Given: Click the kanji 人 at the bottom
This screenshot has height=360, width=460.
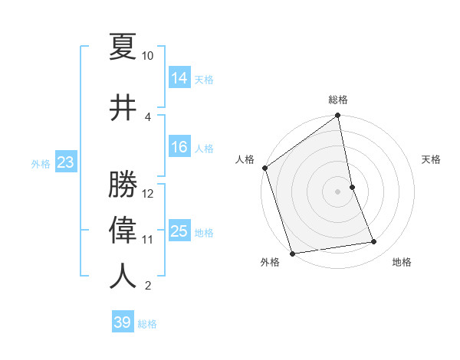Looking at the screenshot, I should (x=123, y=276).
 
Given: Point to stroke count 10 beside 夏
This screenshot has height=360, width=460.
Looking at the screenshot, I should (x=148, y=56).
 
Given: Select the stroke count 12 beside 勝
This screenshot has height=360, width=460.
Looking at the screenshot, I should (x=148, y=194).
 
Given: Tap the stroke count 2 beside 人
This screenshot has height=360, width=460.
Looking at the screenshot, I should (x=148, y=286).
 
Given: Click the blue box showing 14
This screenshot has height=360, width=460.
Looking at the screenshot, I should (x=179, y=77).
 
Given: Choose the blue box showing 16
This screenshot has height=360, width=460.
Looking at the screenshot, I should (x=179, y=147).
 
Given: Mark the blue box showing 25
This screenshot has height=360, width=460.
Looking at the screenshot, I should (x=179, y=231).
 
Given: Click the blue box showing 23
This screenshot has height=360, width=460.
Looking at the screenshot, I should (x=65, y=162).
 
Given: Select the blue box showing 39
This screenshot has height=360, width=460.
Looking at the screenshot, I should (x=123, y=322).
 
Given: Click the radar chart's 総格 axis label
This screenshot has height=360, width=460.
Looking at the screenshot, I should (x=338, y=100).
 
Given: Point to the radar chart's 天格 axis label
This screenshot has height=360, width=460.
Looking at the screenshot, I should (x=432, y=159).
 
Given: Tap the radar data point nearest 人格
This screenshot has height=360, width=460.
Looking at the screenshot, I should (x=264, y=168).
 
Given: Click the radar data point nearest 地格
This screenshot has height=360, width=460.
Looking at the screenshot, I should (x=374, y=242).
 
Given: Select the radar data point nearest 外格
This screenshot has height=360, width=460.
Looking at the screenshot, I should (x=292, y=252).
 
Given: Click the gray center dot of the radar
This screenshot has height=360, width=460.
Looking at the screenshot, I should (x=337, y=191).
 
